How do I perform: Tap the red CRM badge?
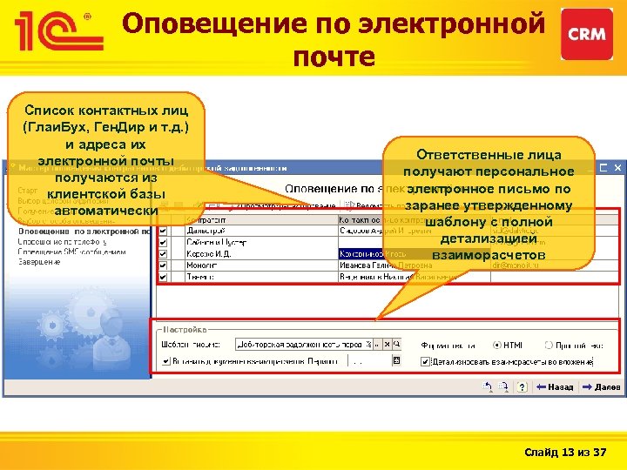click(586, 34)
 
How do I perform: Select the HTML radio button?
click(497, 344)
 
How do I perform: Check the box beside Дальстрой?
click(163, 232)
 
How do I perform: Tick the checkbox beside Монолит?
click(163, 265)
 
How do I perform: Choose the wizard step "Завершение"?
click(38, 262)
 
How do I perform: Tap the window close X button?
click(616, 166)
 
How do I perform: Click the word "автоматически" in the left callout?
click(104, 211)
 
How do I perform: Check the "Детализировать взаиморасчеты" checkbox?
click(426, 361)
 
